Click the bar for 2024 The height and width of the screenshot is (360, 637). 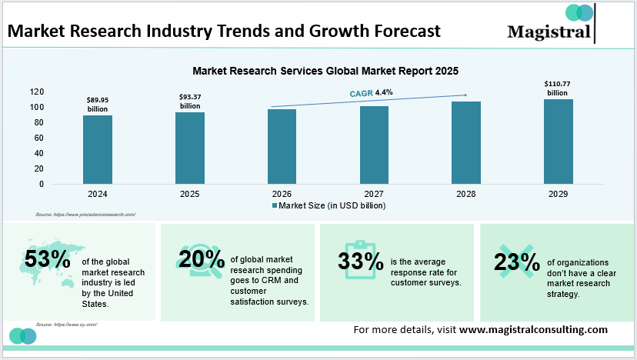pos(98,149)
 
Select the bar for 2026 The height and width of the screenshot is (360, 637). pos(282,146)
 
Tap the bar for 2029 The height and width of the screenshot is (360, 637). pos(559,142)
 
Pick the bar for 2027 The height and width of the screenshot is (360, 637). pos(374,145)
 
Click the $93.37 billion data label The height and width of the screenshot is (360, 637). pos(189,101)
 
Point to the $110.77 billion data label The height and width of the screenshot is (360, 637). pos(558,87)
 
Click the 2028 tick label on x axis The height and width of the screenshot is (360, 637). pos(466,195)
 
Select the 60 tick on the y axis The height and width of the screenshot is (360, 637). pos(38,138)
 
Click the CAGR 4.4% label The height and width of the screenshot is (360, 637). pos(371,92)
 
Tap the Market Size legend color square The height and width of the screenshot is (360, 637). pos(273,206)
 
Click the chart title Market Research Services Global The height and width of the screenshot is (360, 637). pos(325,71)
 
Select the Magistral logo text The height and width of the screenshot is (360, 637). pos(549,32)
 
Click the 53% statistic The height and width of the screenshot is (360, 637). pos(47,259)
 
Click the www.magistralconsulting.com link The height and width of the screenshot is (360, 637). pos(533,328)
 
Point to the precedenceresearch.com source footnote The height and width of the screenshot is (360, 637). pos(85,215)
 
